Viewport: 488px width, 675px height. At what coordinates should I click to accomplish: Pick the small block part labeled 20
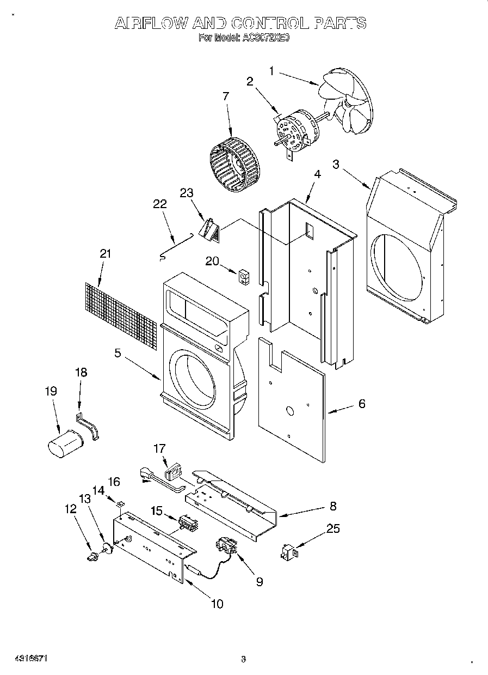(243, 278)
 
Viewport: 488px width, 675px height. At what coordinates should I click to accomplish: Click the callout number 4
(317, 174)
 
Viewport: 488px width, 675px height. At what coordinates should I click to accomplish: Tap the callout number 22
(159, 203)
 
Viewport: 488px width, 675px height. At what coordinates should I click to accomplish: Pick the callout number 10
(217, 604)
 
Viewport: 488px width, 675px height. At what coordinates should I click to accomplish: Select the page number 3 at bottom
(243, 659)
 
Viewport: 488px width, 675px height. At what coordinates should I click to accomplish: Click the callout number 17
(159, 448)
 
